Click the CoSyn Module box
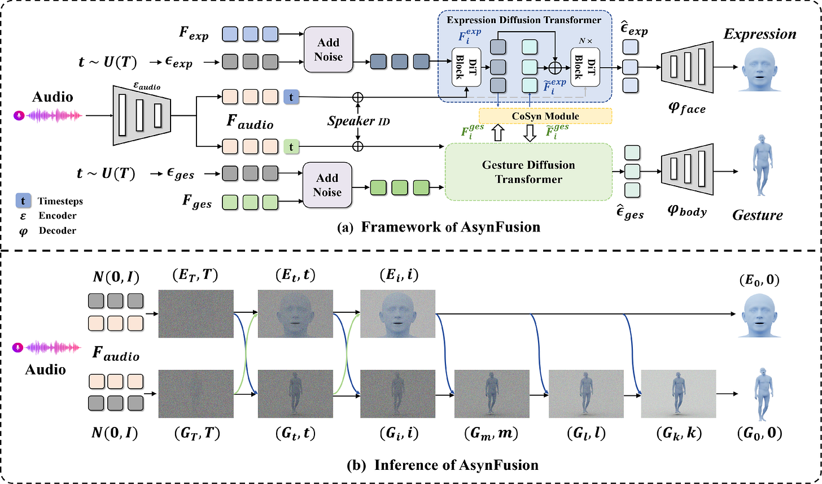tap(545, 116)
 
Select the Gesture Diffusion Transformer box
tap(528, 172)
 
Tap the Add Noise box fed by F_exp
tap(329, 50)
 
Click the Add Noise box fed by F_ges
tap(327, 185)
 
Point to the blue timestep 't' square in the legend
tap(23, 201)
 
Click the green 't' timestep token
tap(291, 147)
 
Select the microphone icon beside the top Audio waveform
tap(19, 116)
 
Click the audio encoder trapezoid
tap(142, 115)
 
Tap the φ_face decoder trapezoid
tap(687, 67)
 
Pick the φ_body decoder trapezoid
tap(687, 169)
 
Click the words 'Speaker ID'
tap(358, 121)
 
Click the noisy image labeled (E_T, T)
tap(196, 313)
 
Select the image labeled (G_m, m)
tap(492, 394)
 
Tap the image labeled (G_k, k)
tap(679, 394)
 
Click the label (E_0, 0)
tap(759, 280)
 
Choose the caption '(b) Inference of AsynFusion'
tap(443, 465)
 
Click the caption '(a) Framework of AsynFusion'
tap(439, 227)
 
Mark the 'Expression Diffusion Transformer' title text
tap(524, 20)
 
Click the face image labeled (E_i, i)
tap(398, 313)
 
